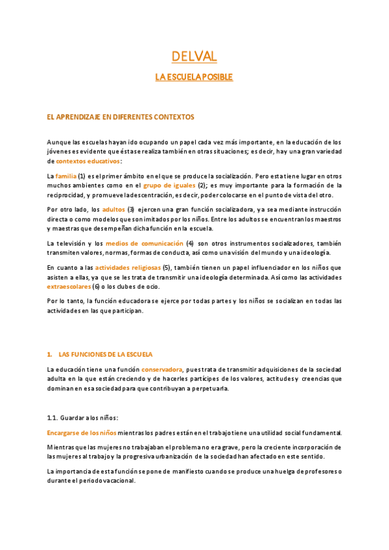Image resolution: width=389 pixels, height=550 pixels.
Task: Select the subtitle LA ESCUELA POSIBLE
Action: click(194, 77)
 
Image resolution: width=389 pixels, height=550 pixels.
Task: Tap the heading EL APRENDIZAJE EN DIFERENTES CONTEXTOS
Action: click(121, 117)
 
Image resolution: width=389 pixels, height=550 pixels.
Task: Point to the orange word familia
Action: click(66, 176)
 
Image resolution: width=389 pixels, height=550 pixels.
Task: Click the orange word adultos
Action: click(114, 209)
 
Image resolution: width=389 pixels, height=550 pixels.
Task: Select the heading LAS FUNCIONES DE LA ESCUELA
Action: click(105, 355)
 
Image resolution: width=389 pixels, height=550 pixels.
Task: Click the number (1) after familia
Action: click(82, 176)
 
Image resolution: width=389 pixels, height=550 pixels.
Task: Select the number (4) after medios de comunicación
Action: click(190, 243)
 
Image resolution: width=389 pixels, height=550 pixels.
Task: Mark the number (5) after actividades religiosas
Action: click(167, 267)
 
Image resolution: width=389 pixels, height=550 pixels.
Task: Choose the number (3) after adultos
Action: click(130, 209)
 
